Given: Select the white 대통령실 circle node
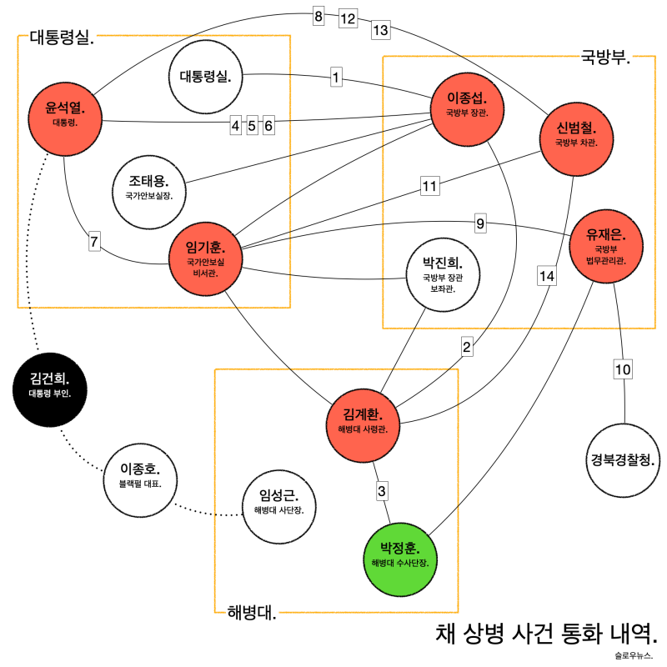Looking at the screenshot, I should coord(205,78).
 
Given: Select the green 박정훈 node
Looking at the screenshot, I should coord(401,554).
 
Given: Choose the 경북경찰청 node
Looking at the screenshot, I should coord(623,459).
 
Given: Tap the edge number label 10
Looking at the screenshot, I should coord(623,369).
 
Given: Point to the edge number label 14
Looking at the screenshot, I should coord(546,276).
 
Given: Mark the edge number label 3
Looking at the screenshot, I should coord(382,490).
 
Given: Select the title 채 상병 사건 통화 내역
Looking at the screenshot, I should coord(546,632).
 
